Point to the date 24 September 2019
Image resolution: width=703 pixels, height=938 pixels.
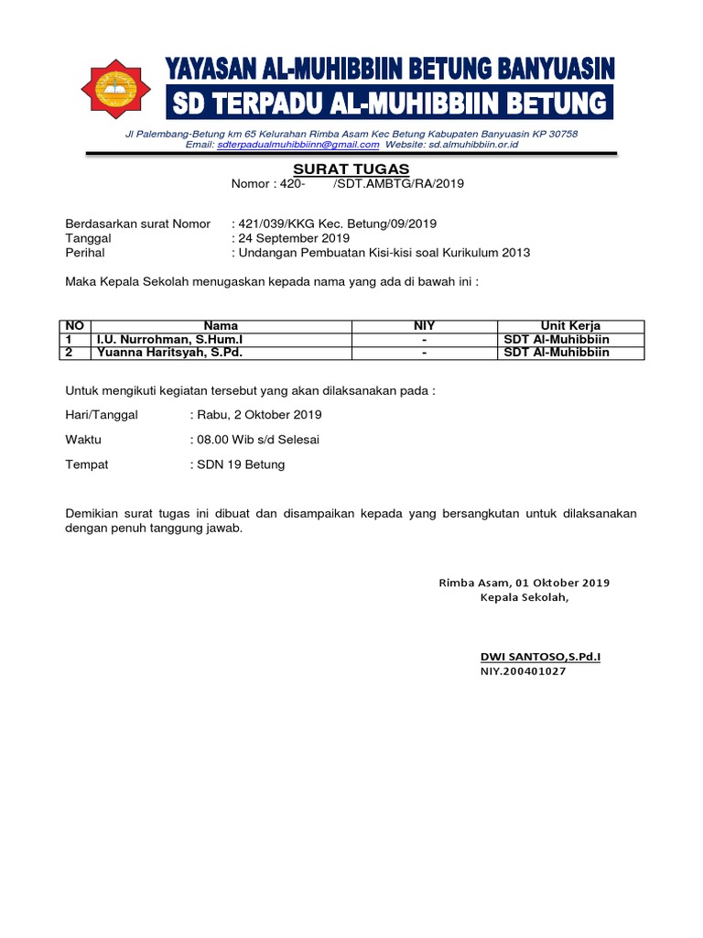pyautogui.click(x=288, y=238)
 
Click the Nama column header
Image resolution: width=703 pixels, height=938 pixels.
pyautogui.click(x=221, y=326)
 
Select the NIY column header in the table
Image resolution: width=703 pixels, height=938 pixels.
pyautogui.click(x=424, y=326)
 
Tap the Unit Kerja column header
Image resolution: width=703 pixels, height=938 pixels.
pyautogui.click(x=570, y=326)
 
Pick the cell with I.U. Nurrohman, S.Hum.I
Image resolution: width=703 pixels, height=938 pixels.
pyautogui.click(x=169, y=339)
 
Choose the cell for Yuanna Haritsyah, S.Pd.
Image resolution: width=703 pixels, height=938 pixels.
pyautogui.click(x=170, y=352)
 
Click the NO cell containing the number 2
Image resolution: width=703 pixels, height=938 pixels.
pyautogui.click(x=69, y=352)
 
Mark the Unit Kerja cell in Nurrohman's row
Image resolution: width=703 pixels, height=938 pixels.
pyautogui.click(x=557, y=339)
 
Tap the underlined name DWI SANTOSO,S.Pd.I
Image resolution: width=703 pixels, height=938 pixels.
pyautogui.click(x=540, y=656)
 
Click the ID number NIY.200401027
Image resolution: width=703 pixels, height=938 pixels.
pyautogui.click(x=523, y=671)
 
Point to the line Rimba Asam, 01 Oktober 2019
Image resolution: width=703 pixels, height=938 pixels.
pyautogui.click(x=524, y=583)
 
